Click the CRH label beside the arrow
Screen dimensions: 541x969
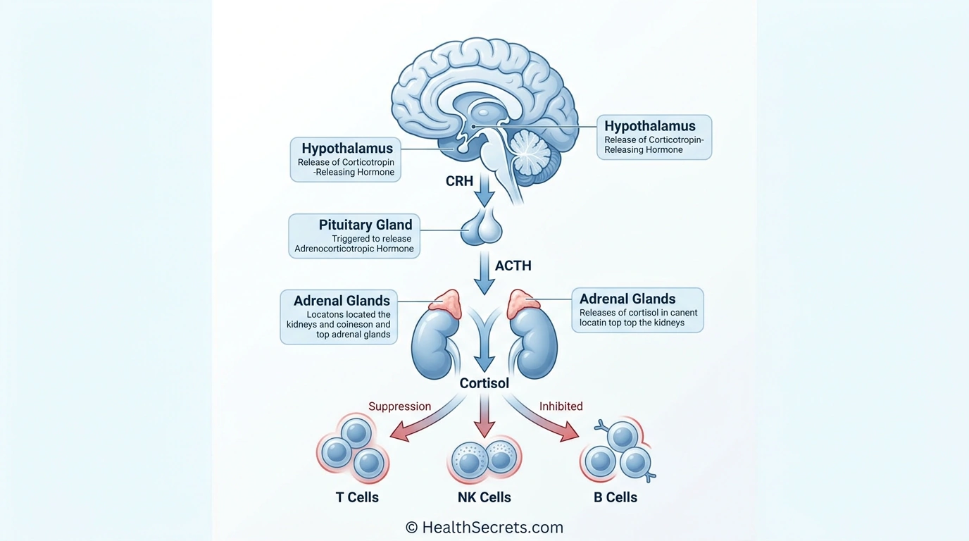tap(459, 181)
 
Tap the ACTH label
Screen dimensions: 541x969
tap(513, 266)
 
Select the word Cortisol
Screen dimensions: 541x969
tap(484, 383)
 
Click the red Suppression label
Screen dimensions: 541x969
tap(399, 406)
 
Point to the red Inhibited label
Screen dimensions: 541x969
tap(561, 406)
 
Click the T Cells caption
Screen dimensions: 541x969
tap(357, 497)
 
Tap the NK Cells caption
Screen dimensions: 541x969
tap(484, 497)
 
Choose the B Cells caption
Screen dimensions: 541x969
tap(615, 497)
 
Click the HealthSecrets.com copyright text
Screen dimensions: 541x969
tap(484, 527)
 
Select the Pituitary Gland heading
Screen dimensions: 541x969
tap(365, 225)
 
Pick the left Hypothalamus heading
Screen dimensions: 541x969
tap(347, 149)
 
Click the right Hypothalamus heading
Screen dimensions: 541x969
tap(649, 126)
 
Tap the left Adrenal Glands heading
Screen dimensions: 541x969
tap(342, 301)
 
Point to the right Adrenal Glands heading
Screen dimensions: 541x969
tap(627, 299)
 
